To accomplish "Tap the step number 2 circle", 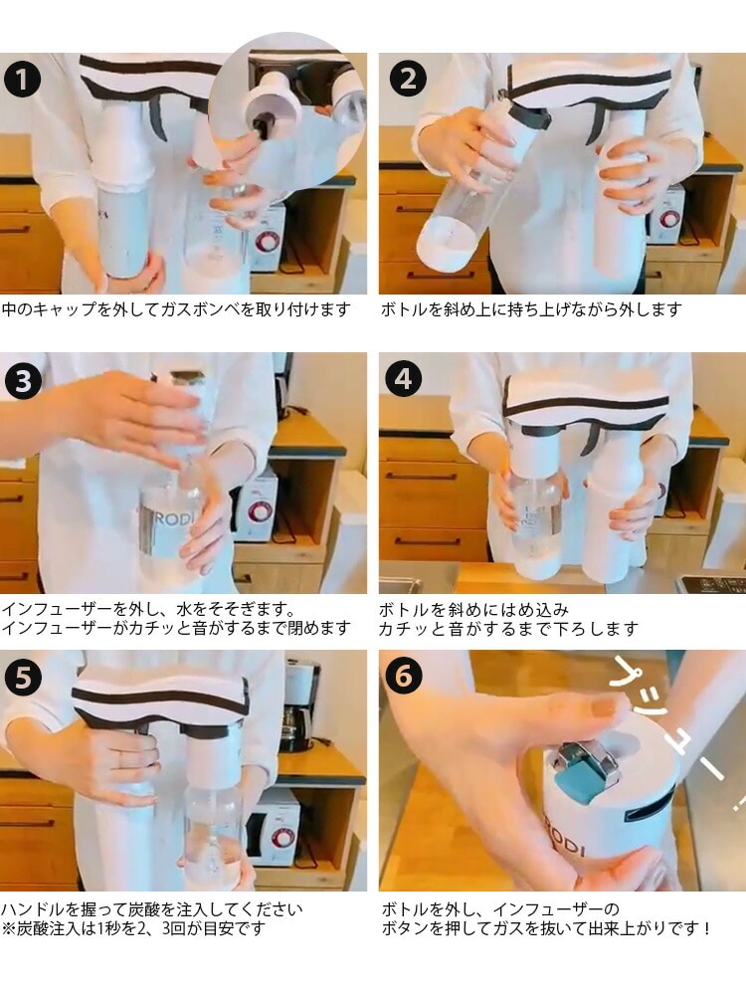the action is click(x=408, y=80).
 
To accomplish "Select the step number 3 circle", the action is click(x=23, y=382).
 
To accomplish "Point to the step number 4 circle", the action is click(x=404, y=379).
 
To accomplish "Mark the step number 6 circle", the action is click(x=404, y=677).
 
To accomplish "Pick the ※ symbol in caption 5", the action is click(x=8, y=928).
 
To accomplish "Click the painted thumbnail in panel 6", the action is click(x=602, y=708).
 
